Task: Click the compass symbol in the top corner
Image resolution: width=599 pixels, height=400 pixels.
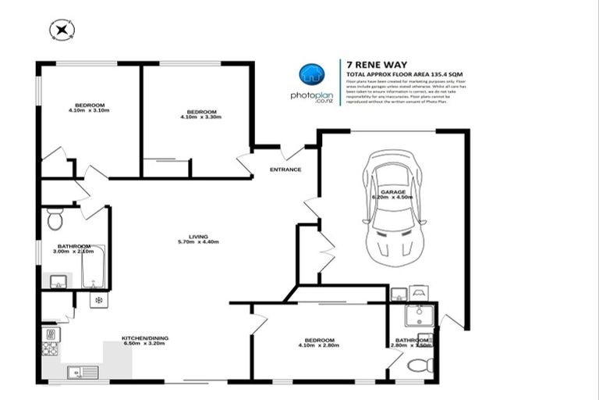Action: click(x=61, y=30)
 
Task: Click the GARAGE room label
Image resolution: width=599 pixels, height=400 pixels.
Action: click(x=392, y=191)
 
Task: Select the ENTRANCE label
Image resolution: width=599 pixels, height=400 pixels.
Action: click(x=285, y=170)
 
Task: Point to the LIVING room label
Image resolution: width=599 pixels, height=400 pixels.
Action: click(x=197, y=237)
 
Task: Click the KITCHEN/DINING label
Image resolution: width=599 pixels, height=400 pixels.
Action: click(x=144, y=339)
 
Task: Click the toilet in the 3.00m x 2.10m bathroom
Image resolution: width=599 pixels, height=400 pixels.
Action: click(x=55, y=220)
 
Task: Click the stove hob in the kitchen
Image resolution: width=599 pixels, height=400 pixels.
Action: click(x=49, y=338)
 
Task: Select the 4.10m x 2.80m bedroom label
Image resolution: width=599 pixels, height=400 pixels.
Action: click(x=320, y=343)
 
